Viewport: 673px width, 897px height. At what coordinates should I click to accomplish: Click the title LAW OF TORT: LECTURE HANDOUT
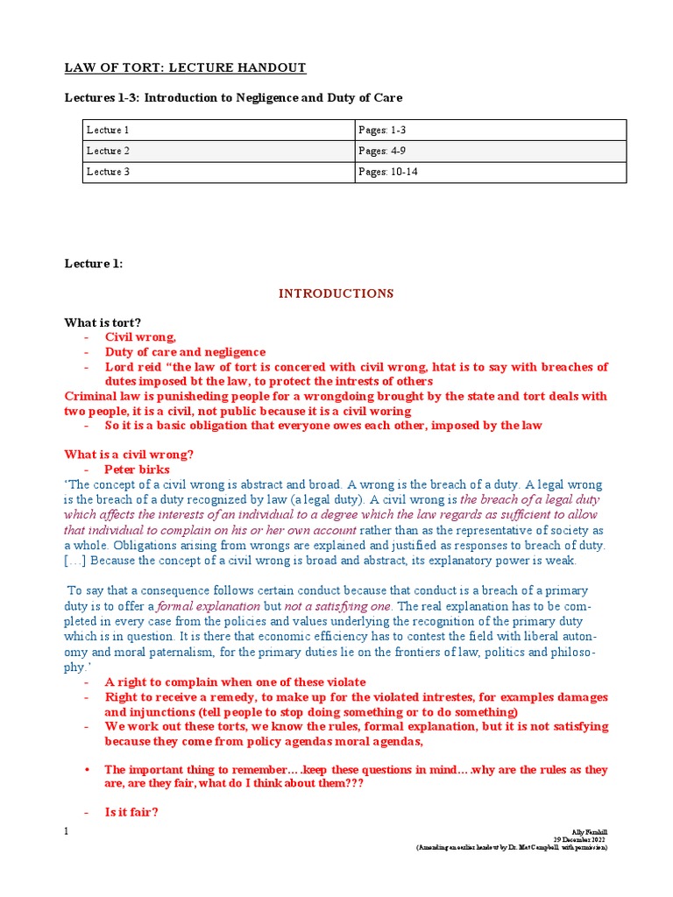(x=186, y=67)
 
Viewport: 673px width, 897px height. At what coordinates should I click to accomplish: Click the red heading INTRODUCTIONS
(x=336, y=293)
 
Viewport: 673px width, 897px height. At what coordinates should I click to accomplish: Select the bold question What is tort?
(x=103, y=322)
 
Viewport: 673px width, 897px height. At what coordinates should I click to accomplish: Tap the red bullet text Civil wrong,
(x=140, y=337)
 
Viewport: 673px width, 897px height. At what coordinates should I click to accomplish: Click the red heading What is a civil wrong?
(x=129, y=455)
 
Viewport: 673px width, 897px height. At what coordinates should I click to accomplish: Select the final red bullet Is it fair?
(x=131, y=812)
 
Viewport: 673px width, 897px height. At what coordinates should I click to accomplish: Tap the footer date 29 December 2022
(x=580, y=839)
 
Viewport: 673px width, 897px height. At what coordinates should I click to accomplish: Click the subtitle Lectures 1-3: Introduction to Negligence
(x=233, y=97)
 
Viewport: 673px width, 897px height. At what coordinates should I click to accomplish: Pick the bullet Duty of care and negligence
(x=185, y=352)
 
